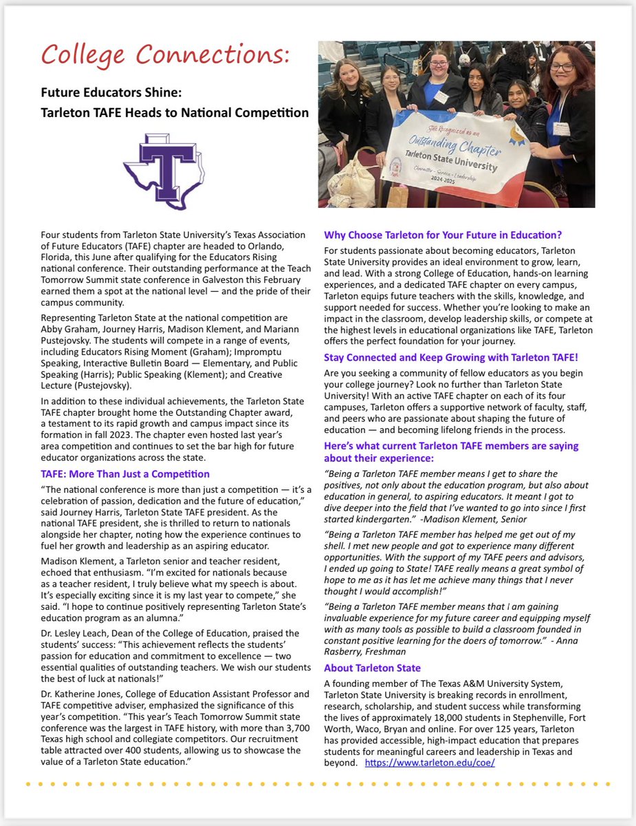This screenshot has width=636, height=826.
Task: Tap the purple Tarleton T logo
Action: click(168, 169)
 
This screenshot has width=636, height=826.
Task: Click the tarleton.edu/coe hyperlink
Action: click(430, 763)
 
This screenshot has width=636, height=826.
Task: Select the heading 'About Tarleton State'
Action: click(372, 668)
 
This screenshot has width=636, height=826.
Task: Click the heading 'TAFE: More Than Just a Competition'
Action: click(125, 474)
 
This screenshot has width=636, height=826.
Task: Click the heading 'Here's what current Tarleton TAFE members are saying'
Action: click(451, 446)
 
